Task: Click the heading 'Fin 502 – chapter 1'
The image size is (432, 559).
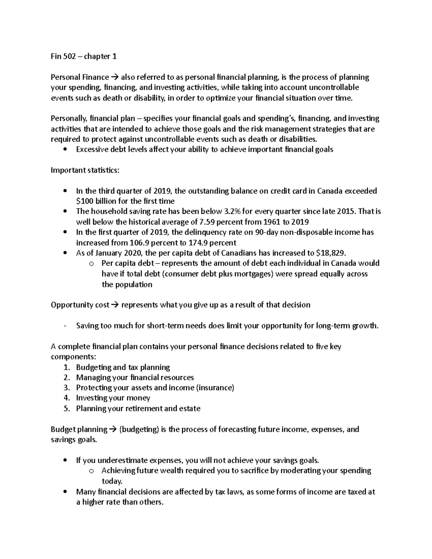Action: (x=84, y=57)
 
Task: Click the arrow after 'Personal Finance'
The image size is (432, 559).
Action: (x=115, y=77)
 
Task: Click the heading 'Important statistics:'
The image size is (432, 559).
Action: (x=85, y=170)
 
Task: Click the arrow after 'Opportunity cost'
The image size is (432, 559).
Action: (x=115, y=305)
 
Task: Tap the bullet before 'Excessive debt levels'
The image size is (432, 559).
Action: (x=65, y=150)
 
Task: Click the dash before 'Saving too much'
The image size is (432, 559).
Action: (x=65, y=326)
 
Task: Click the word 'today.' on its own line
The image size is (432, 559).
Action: (x=112, y=481)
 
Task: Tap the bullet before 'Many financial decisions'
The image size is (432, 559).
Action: (x=65, y=492)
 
